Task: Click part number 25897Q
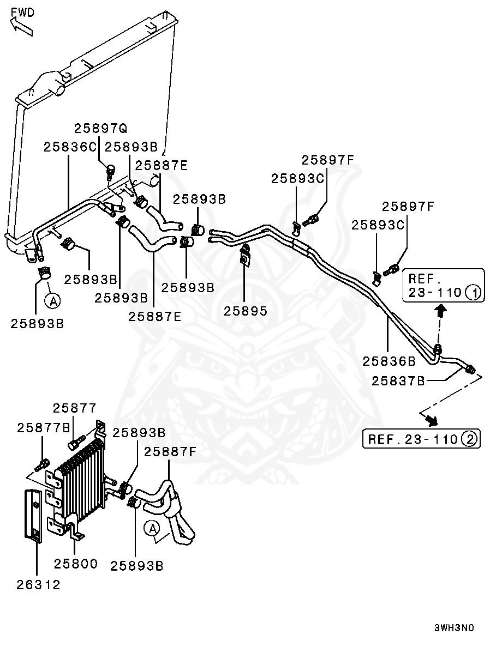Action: pos(101,129)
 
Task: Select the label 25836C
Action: pos(70,147)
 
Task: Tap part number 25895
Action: pos(246,311)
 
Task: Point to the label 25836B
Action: pos(389,361)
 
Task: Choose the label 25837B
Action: pos(398,380)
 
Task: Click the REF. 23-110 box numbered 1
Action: pos(443,286)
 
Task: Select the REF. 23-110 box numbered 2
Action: pos(421,439)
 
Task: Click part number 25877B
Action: pos(43,428)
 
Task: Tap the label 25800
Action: pos(76,564)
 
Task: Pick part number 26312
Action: pos(38,584)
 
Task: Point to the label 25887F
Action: pos(170,452)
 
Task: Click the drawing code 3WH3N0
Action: pos(454,628)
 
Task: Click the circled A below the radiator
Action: pos(53,301)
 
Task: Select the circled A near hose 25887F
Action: pos(152,528)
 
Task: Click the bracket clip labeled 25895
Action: pos(245,256)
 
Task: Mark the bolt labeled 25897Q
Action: pos(110,172)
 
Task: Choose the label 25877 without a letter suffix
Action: pos(74,408)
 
